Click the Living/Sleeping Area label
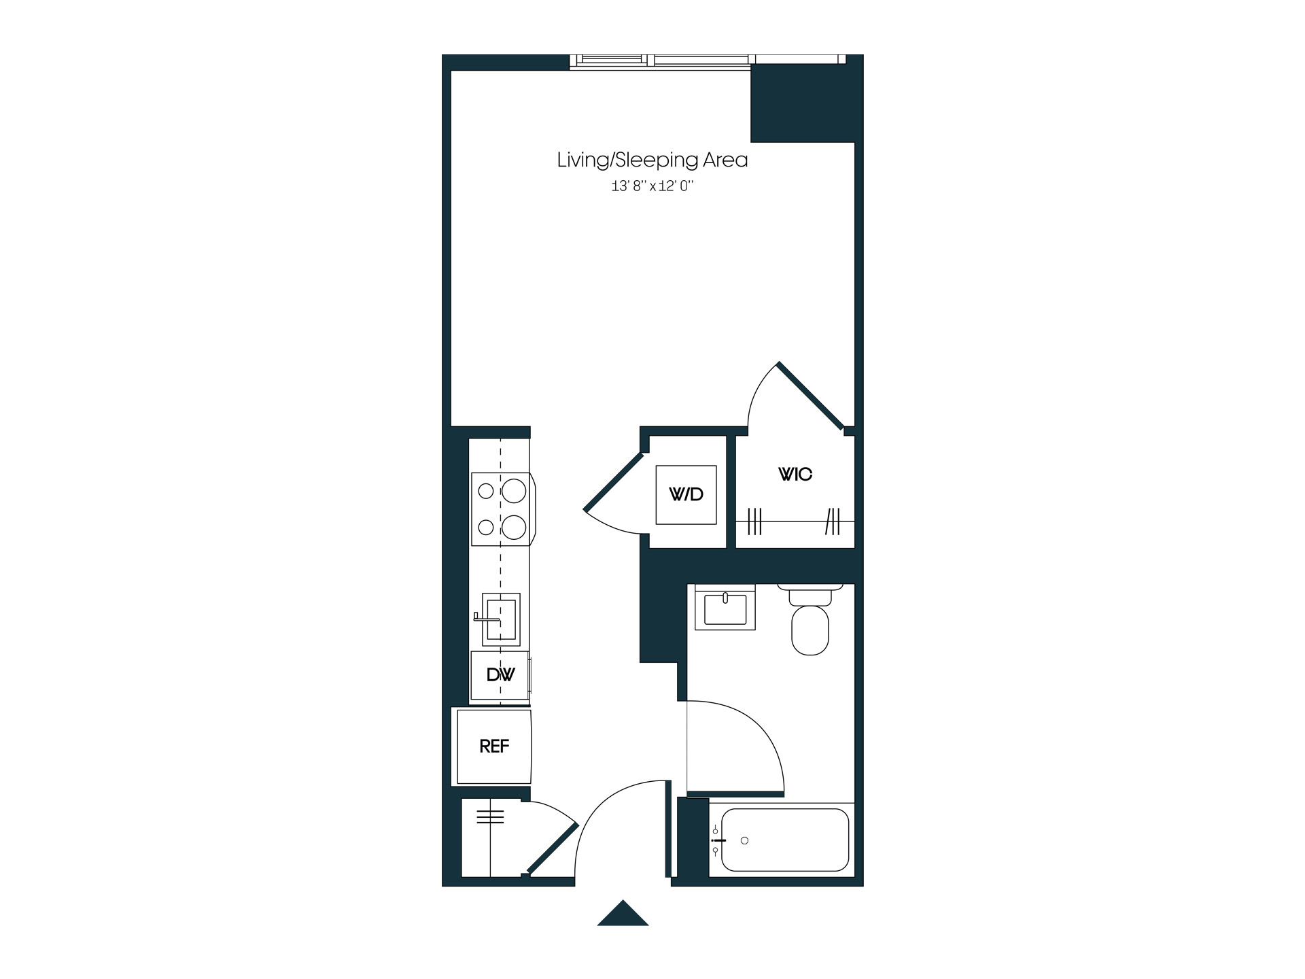[652, 160]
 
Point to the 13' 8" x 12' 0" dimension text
[652, 186]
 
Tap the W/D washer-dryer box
[686, 495]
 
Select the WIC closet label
[795, 474]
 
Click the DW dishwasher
[500, 675]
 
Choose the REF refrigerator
[494, 746]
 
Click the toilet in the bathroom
[810, 619]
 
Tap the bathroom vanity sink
[725, 607]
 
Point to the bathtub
[784, 840]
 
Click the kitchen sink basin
[502, 619]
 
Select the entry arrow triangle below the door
[623, 913]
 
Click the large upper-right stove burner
[514, 491]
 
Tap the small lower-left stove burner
[485, 527]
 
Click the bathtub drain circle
[744, 841]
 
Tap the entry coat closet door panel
[553, 848]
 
